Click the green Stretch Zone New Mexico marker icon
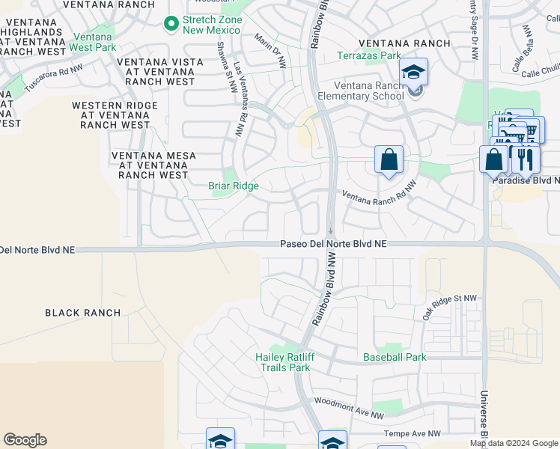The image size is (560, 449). (x=171, y=24)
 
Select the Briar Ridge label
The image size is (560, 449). (x=234, y=186)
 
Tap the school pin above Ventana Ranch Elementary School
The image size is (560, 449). (x=413, y=73)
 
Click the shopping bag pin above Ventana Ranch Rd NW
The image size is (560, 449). (x=389, y=159)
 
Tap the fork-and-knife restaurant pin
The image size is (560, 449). (x=526, y=159)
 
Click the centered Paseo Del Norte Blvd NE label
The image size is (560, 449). (x=333, y=244)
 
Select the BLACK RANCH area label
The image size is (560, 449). (x=82, y=313)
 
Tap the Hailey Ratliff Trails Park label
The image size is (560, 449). (x=282, y=362)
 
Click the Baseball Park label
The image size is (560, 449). (x=395, y=357)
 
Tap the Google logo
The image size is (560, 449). (x=25, y=440)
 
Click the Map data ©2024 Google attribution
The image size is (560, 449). (x=514, y=443)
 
